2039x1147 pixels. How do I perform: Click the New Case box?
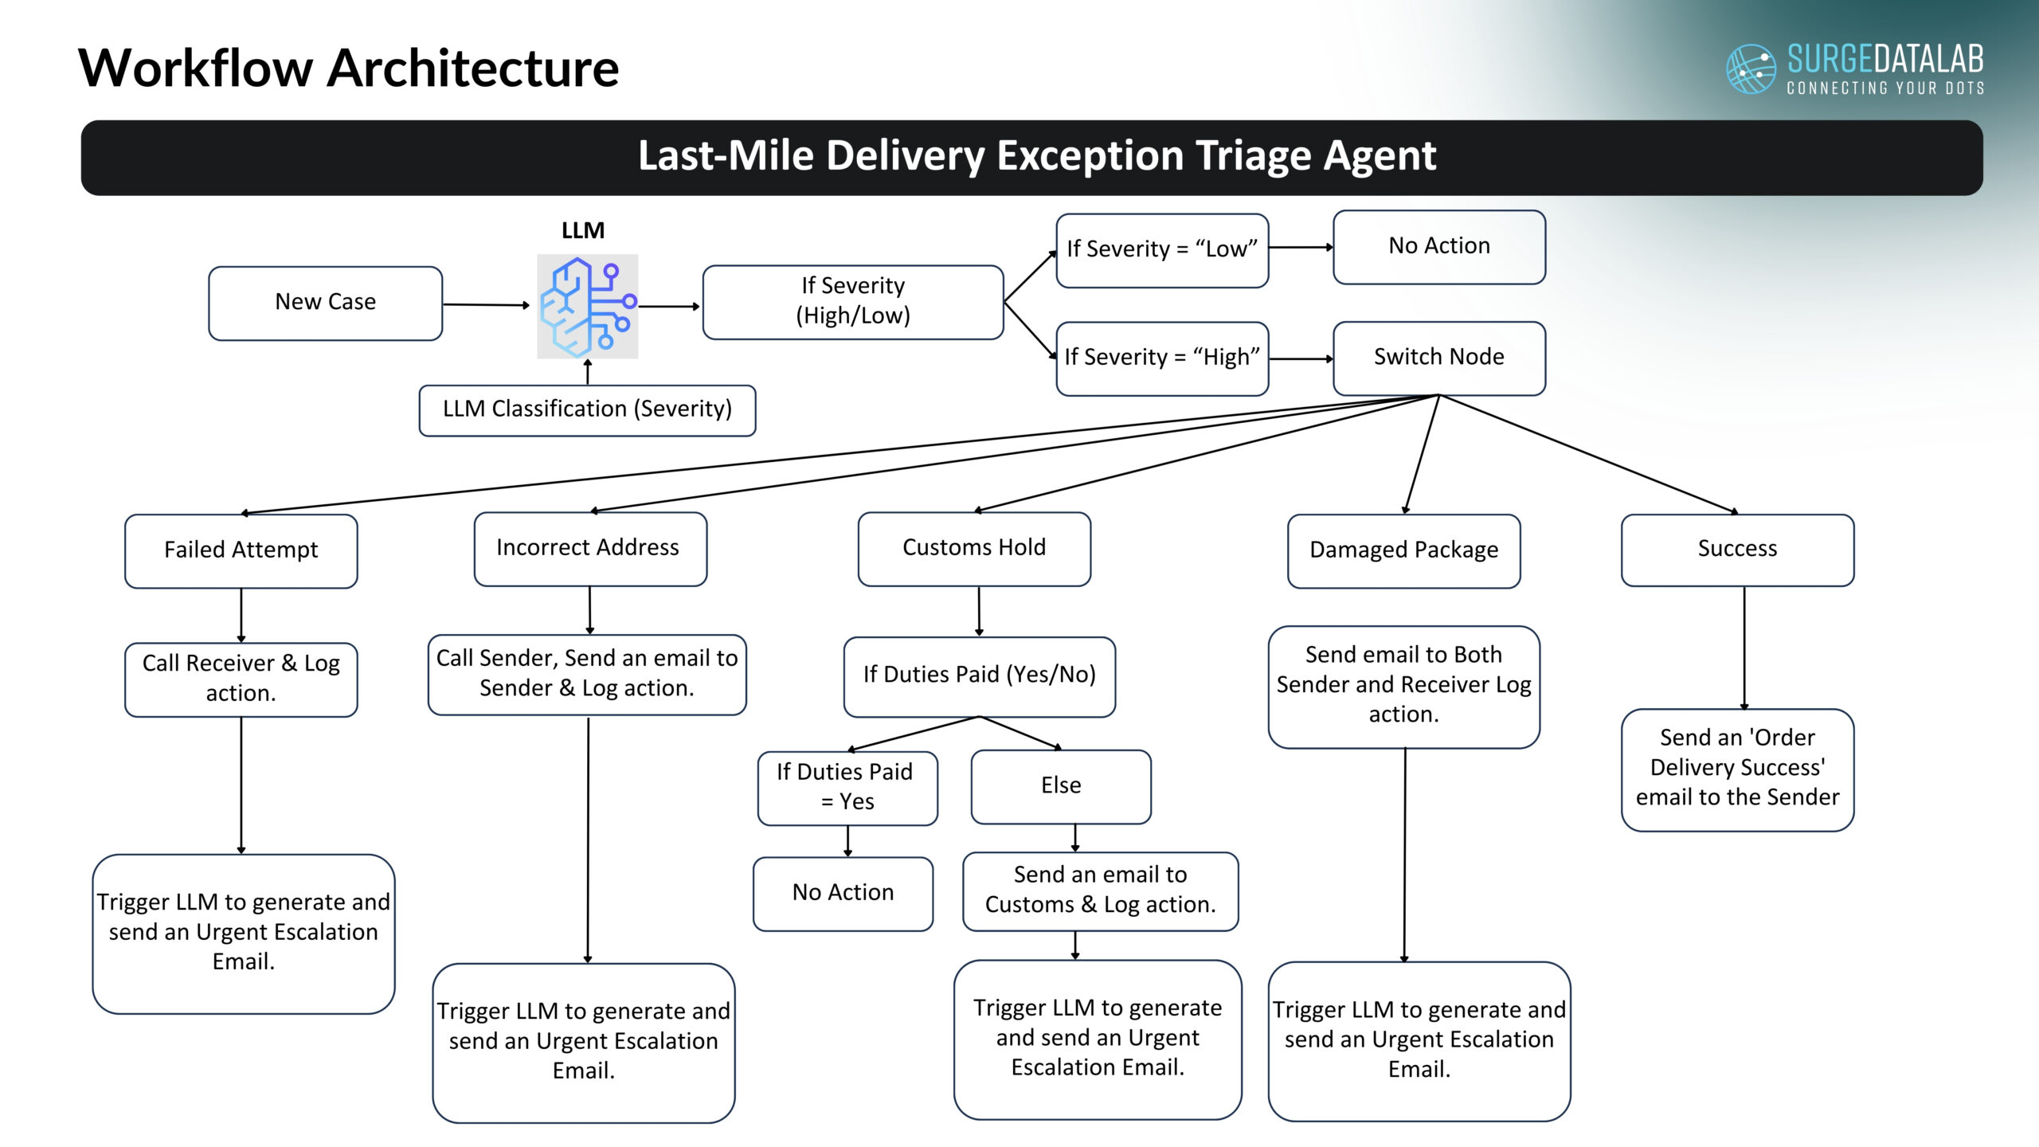pos(325,303)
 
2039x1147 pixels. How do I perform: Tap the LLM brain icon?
pos(588,306)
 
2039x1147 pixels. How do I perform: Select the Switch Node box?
pos(1438,358)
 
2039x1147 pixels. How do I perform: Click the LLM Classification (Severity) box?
pos(587,409)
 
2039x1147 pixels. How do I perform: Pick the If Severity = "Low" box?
pos(1161,249)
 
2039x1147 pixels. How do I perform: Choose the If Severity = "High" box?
pos(1161,358)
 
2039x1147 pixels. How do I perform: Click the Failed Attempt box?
pos(241,550)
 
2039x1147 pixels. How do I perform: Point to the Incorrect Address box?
pos(589,548)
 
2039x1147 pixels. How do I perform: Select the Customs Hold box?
pos(973,548)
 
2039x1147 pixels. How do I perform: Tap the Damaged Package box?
pos(1403,550)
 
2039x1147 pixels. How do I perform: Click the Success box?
pos(1736,550)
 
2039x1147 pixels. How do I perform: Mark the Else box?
pos(1060,786)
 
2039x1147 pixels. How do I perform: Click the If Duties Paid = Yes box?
pos(847,787)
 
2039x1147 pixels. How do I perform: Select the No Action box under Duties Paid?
pos(843,893)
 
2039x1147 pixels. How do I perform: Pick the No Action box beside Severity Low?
pos(1438,246)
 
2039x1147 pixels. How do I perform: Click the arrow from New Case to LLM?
pos(486,304)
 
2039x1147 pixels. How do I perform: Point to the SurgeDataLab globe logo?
pos(1750,69)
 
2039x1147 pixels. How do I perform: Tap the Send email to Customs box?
pos(1100,891)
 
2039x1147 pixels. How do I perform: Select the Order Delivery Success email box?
pos(1736,769)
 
